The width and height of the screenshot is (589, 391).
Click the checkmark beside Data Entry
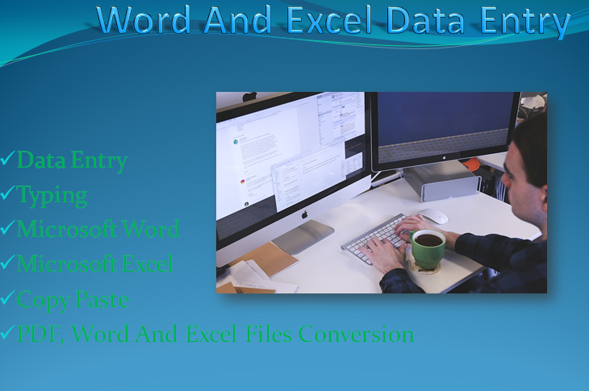[7, 159]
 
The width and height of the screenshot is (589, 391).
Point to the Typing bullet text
[52, 195]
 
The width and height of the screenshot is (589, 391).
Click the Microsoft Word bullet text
[98, 229]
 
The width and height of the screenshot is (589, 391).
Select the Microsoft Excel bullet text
[94, 264]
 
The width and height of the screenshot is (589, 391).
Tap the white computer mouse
[434, 216]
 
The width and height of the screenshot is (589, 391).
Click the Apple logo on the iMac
[305, 214]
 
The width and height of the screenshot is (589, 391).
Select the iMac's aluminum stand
[303, 236]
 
